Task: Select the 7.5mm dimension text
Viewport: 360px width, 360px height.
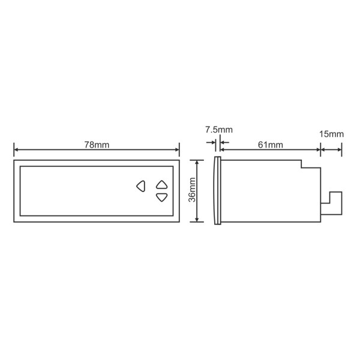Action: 218,130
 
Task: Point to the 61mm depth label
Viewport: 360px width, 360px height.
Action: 270,145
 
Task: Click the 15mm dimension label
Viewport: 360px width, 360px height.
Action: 331,134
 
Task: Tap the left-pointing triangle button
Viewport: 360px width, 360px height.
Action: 140,185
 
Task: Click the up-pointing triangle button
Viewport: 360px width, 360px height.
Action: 161,185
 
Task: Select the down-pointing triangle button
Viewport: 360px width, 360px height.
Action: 161,197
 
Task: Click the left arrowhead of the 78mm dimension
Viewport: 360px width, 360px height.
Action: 16,150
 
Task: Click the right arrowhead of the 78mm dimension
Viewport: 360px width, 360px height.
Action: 176,150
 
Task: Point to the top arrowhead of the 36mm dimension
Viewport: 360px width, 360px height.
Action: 197,162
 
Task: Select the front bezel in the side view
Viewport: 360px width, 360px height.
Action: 217,190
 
